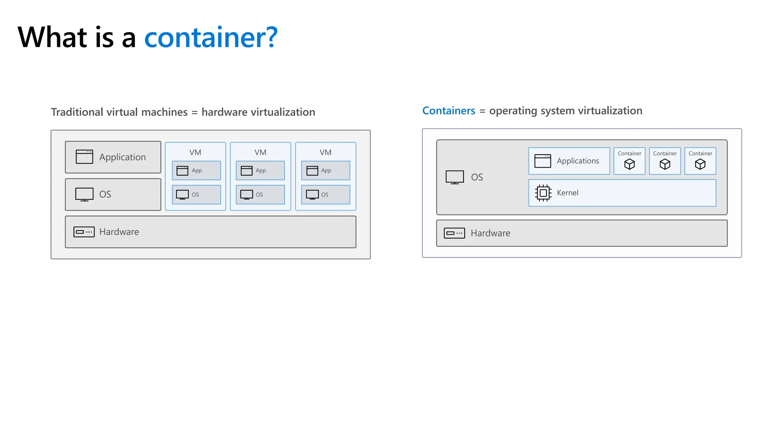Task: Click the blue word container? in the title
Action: (x=211, y=37)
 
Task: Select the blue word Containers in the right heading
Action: (x=449, y=111)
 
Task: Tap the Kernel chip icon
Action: (x=543, y=193)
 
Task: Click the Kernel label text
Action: (x=567, y=193)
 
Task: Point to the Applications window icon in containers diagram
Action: (x=543, y=161)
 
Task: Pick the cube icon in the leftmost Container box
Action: (x=630, y=164)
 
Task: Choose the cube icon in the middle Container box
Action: (x=665, y=164)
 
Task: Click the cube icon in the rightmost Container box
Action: (x=700, y=164)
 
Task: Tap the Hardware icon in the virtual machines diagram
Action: (x=84, y=232)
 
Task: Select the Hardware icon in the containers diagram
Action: (x=454, y=233)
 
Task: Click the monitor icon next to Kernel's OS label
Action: (x=455, y=177)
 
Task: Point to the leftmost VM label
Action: (x=195, y=152)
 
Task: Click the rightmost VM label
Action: (x=326, y=152)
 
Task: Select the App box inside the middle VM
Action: (x=261, y=170)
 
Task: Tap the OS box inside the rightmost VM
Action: (x=326, y=195)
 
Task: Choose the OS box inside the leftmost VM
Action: (x=197, y=195)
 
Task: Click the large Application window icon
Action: (x=84, y=157)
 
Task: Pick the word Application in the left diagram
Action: (x=123, y=157)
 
